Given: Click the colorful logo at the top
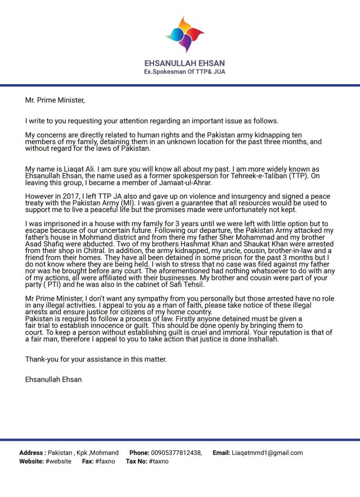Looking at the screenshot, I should (185, 35).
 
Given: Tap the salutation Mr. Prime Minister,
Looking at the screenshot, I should (55, 101).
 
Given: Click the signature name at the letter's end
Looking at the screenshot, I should (53, 379).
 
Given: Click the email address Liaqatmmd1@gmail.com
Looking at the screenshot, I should (267, 453).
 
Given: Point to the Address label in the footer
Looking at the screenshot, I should (32, 453).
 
